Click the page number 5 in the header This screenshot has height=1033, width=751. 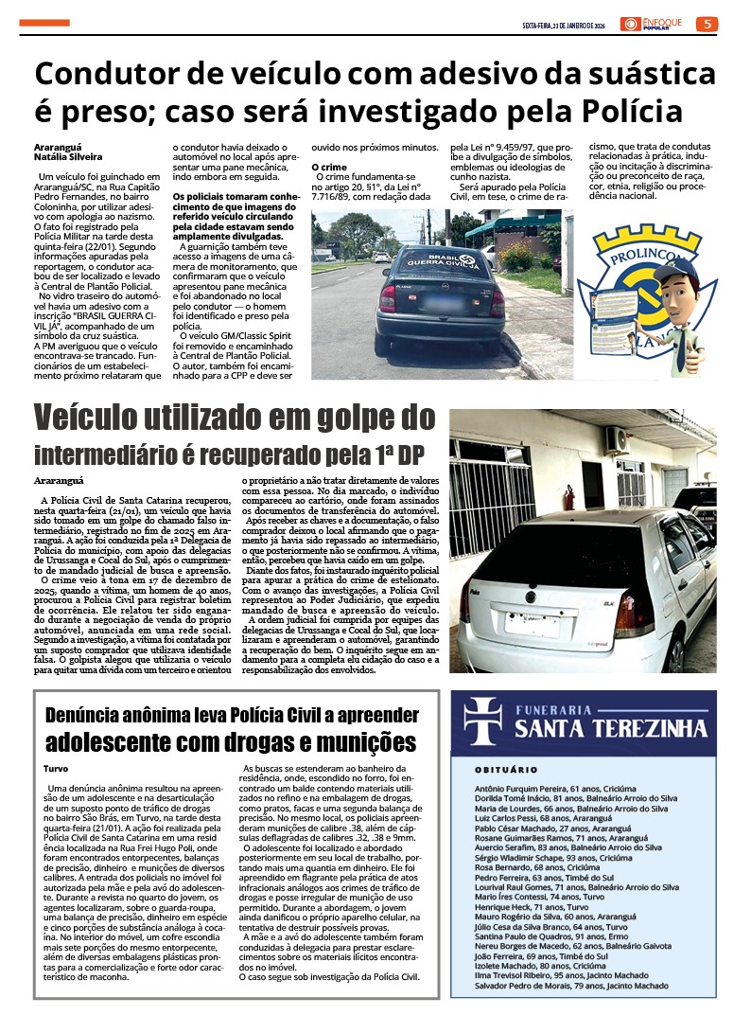[x=707, y=24]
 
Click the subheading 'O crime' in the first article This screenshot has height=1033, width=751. [x=328, y=167]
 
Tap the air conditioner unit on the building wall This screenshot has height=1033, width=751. [x=616, y=439]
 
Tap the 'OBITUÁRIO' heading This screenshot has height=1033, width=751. [x=506, y=770]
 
